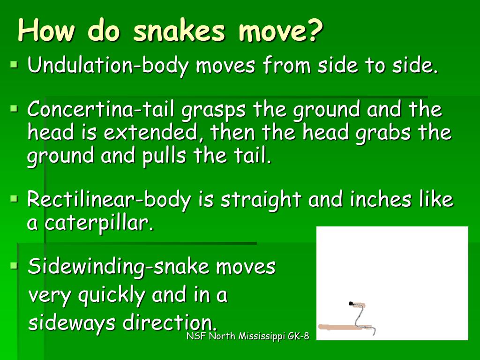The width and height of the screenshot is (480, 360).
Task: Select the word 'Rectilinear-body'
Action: pos(109,200)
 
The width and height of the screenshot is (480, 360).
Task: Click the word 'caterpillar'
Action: pos(98,223)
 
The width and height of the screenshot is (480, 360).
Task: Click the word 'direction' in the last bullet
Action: pos(170,323)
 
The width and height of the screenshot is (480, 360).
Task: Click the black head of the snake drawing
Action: pos(351,304)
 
